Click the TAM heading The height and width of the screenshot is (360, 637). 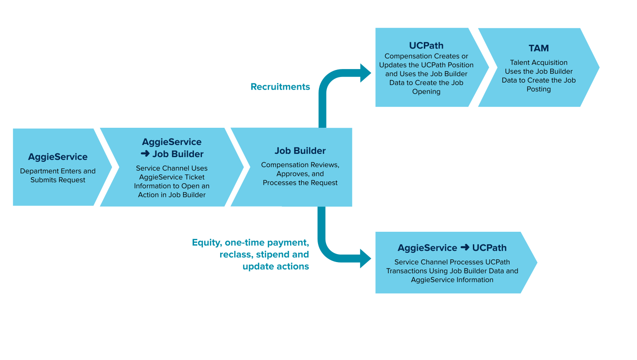pos(539,48)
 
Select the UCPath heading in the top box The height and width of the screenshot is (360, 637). pos(426,46)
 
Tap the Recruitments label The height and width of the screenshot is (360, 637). pos(280,87)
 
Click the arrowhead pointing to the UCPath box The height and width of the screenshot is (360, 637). pos(366,73)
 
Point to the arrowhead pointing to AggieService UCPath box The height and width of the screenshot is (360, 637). pos(366,258)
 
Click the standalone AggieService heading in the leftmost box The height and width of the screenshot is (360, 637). pos(58,157)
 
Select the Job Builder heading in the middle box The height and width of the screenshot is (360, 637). pos(300,151)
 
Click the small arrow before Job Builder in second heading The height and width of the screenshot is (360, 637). pos(145,154)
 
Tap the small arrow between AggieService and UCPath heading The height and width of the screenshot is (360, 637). pos(464,248)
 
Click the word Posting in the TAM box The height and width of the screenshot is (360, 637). pos(539,89)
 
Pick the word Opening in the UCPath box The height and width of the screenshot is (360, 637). pos(426,91)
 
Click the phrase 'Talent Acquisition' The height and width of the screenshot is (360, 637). pos(539,62)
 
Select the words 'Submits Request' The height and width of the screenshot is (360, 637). pos(58,180)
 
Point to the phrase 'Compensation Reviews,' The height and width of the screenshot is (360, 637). pos(300,165)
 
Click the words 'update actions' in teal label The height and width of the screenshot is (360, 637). pos(276,267)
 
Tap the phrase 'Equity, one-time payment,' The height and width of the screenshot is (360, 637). pos(250,242)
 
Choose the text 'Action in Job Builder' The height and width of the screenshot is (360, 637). pos(172,195)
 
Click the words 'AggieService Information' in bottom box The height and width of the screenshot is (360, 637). pos(452,280)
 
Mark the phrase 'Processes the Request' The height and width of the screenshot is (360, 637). pos(300,183)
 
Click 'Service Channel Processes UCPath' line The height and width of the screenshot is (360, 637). pos(452,262)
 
